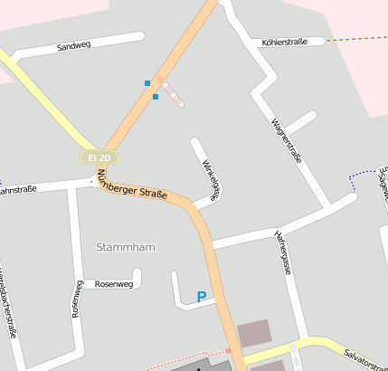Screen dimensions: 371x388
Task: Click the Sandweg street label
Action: tap(74, 46)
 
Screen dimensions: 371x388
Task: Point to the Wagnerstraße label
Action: tap(287, 140)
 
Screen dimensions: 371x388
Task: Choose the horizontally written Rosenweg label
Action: tap(114, 283)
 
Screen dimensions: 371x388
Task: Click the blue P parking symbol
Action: tap(201, 296)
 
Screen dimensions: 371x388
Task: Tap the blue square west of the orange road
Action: tap(147, 83)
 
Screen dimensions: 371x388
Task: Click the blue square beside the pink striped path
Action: tap(156, 96)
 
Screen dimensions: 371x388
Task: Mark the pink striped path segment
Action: tap(172, 93)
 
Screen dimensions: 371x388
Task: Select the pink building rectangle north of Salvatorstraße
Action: tap(253, 333)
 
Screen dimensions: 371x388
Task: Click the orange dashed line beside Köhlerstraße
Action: tap(357, 39)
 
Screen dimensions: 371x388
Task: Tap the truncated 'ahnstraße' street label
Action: tap(18, 190)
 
